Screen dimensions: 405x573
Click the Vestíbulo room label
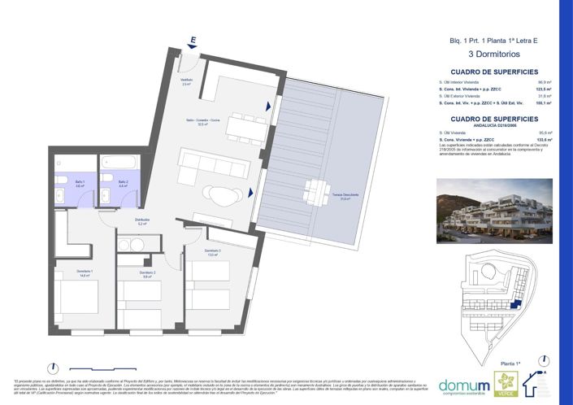click(x=186, y=82)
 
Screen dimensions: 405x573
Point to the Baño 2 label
click(x=122, y=183)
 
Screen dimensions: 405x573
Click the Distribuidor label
click(x=142, y=221)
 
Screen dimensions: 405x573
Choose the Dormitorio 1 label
click(x=85, y=272)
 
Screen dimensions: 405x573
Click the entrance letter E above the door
click(x=193, y=39)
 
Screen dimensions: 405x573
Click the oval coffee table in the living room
click(x=221, y=194)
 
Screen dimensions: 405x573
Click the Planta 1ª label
click(x=510, y=365)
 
